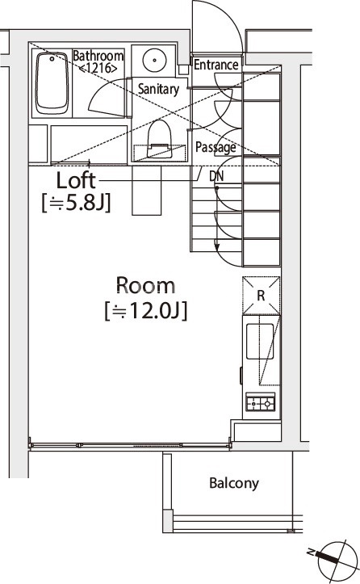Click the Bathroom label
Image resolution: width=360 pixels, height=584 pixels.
point(98,56)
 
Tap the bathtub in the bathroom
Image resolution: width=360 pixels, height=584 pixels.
point(52,83)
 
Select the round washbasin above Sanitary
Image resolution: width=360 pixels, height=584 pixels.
point(153,60)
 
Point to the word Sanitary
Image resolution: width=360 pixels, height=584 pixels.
point(158,89)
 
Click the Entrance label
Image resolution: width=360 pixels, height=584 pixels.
point(216,65)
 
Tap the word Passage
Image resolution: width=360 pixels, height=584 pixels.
point(216,148)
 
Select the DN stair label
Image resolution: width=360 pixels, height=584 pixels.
point(216,176)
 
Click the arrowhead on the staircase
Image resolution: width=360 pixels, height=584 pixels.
point(216,249)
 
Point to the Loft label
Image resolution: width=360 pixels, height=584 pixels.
point(76,180)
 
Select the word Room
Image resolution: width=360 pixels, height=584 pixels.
point(145,285)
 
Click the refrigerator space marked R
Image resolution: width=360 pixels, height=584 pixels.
point(261,296)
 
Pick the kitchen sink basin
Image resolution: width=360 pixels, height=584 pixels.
point(260,342)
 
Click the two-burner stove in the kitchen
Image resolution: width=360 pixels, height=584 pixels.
point(261,403)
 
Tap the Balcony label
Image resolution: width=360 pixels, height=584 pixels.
point(234,483)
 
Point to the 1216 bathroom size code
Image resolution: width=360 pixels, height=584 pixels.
point(98,68)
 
